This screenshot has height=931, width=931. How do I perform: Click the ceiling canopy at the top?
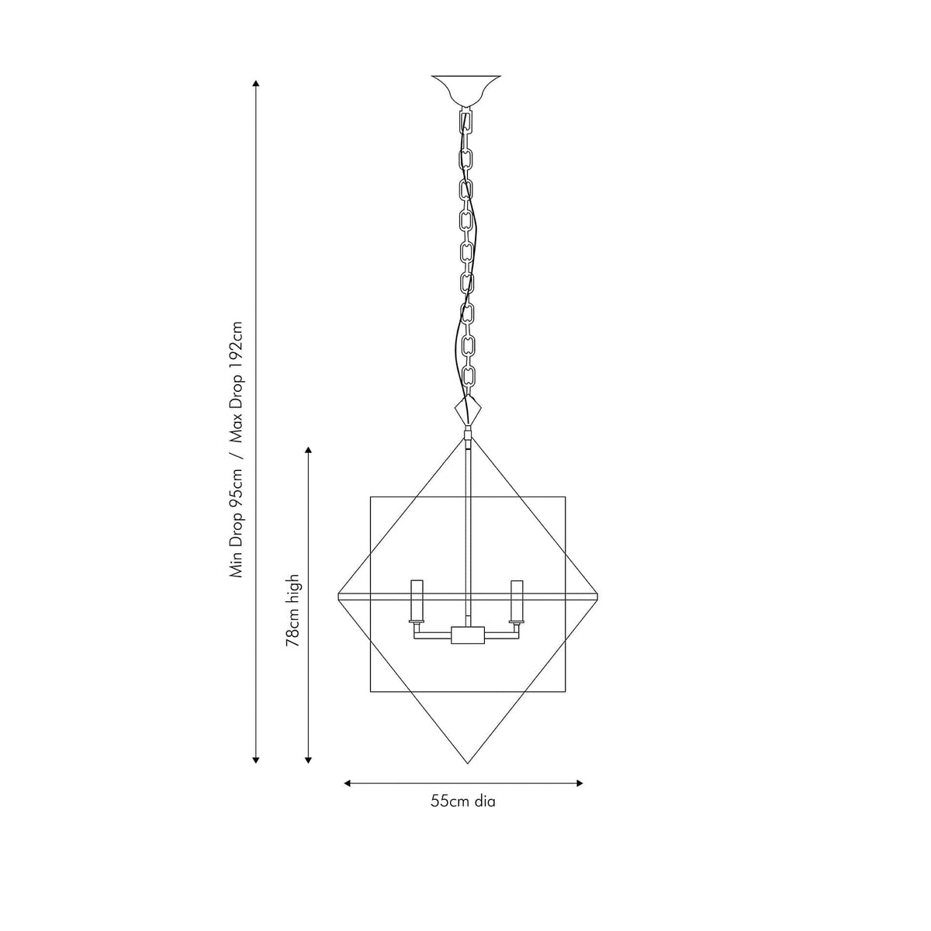(465, 89)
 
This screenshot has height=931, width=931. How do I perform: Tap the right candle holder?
(515, 602)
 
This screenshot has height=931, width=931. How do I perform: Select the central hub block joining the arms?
(467, 636)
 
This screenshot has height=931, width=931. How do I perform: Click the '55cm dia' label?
(463, 801)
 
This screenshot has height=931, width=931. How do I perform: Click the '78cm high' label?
(293, 611)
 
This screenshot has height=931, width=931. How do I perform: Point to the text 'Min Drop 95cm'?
(237, 523)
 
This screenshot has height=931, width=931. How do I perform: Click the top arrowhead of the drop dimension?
(256, 83)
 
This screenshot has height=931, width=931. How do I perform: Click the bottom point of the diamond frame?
(467, 763)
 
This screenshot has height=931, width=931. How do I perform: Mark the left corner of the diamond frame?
(339, 595)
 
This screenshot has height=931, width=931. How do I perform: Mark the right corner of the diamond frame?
(600, 595)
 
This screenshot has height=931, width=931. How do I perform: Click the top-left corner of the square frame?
(371, 497)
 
